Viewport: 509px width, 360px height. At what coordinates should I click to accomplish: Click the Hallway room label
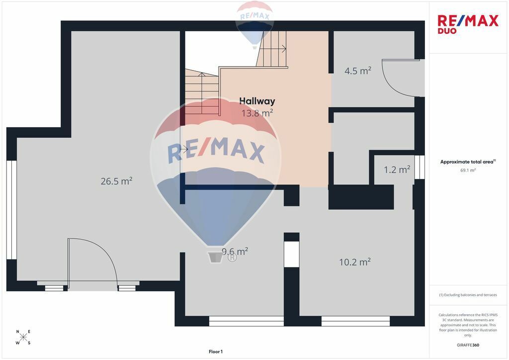pyautogui.click(x=257, y=101)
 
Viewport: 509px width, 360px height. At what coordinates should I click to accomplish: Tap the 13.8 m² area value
pyautogui.click(x=257, y=113)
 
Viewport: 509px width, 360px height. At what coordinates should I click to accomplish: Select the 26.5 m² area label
pyautogui.click(x=116, y=181)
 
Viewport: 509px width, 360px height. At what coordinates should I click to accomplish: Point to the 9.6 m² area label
pyautogui.click(x=235, y=251)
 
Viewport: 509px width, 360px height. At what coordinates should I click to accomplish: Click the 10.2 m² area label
pyautogui.click(x=355, y=262)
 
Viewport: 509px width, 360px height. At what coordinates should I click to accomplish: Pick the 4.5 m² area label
pyautogui.click(x=358, y=71)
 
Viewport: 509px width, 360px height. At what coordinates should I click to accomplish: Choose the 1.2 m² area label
pyautogui.click(x=397, y=170)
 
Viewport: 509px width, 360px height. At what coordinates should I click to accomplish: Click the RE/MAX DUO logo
pyautogui.click(x=468, y=24)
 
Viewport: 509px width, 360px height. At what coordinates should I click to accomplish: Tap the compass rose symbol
pyautogui.click(x=23, y=337)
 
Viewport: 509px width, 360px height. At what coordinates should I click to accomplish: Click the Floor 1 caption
pyautogui.click(x=216, y=352)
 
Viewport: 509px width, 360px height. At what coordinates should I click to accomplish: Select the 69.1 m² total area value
pyautogui.click(x=468, y=170)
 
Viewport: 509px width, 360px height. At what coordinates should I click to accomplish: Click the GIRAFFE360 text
pyautogui.click(x=468, y=345)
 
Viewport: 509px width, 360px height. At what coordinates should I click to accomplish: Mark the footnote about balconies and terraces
pyautogui.click(x=468, y=295)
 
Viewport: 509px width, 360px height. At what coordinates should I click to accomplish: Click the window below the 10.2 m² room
pyautogui.click(x=355, y=321)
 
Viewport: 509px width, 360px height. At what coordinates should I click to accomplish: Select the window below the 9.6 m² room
pyautogui.click(x=247, y=321)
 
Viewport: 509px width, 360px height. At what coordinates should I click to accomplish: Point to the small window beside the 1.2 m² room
pyautogui.click(x=420, y=167)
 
